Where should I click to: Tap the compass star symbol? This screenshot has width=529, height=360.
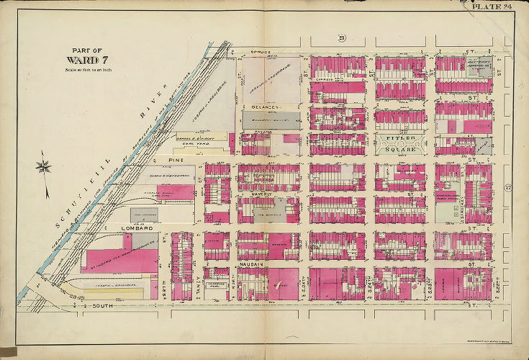[x=43, y=168]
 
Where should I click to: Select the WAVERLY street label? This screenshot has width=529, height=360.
[x=250, y=194]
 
